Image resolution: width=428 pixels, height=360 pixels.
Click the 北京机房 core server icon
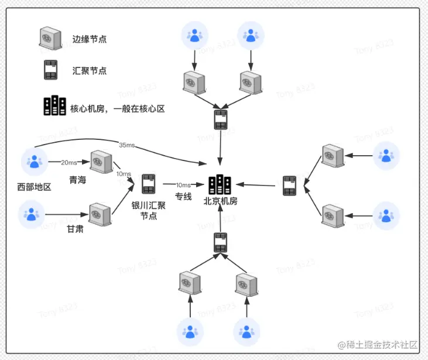tap(220, 184)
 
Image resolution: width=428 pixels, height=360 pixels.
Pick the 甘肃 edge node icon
tap(100, 214)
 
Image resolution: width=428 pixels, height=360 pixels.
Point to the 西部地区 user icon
tap(34, 162)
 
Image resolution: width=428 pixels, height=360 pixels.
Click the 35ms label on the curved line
tap(126, 145)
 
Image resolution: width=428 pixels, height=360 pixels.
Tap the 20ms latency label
tap(69, 162)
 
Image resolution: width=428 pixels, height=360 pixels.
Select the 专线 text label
tap(183, 197)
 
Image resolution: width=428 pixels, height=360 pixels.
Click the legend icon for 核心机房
tap(55, 106)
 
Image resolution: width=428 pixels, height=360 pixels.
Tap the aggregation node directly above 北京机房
tap(220, 120)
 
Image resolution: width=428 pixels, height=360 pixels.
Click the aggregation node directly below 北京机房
tap(220, 242)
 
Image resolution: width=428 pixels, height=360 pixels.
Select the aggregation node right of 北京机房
tap(289, 186)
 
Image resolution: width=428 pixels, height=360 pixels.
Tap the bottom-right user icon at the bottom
tap(246, 332)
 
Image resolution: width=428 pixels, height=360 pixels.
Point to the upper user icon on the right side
tap(386, 155)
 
